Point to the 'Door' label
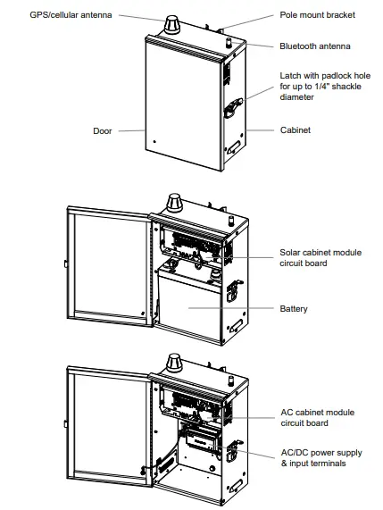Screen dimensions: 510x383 (x=103, y=130)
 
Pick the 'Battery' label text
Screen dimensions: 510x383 (x=293, y=309)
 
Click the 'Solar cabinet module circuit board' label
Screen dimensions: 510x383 (x=321, y=258)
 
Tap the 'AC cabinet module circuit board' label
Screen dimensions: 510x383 (x=319, y=418)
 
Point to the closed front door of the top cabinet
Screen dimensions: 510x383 (x=179, y=107)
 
